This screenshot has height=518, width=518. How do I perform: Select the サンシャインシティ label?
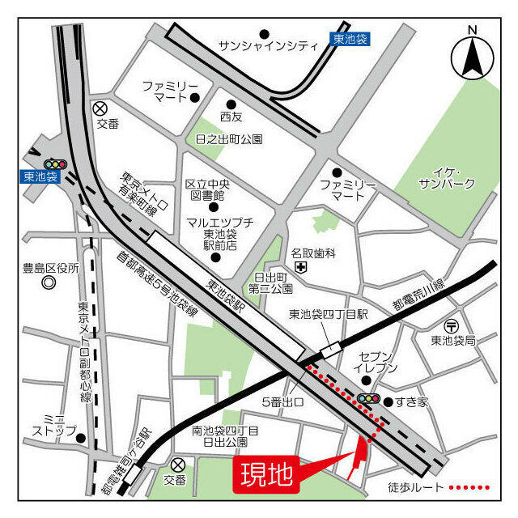pyautogui.click(x=269, y=46)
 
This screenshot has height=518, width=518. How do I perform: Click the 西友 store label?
pyautogui.click(x=231, y=117)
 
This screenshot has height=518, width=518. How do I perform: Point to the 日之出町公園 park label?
pyautogui.click(x=230, y=139)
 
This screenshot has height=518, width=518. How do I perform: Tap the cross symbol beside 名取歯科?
pyautogui.click(x=300, y=266)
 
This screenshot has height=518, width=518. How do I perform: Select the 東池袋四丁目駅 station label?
pyautogui.click(x=329, y=313)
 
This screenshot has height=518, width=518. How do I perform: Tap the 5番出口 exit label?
pyautogui.click(x=282, y=402)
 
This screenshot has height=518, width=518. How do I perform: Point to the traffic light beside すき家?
pyautogui.click(x=369, y=398)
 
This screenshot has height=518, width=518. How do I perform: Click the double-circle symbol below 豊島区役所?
pyautogui.click(x=49, y=283)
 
